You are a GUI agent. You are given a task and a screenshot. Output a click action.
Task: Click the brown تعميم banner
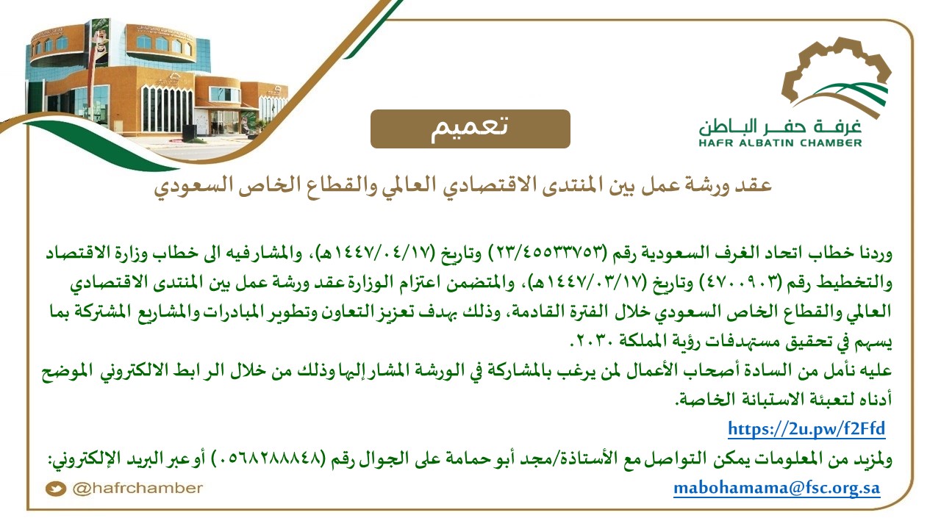pyautogui.click(x=470, y=129)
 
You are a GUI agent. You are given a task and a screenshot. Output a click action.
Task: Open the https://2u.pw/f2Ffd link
pyautogui.click(x=806, y=429)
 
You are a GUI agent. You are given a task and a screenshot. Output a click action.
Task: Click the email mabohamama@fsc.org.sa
pyautogui.click(x=777, y=489)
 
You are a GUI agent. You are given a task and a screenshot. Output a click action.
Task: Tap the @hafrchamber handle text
pyautogui.click(x=137, y=489)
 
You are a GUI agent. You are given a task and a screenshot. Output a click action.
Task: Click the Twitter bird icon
pyautogui.click(x=56, y=489)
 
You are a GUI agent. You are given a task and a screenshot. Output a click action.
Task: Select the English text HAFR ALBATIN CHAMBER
pyautogui.click(x=780, y=143)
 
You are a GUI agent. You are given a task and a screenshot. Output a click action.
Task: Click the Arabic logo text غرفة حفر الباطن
pyautogui.click(x=780, y=126)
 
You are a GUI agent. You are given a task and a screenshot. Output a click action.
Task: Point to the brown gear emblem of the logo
pyautogui.click(x=836, y=71)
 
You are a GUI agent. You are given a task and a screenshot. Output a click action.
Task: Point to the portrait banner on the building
pyautogui.click(x=99, y=43)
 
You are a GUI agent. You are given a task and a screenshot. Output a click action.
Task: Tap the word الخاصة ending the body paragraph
pyautogui.click(x=698, y=399)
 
